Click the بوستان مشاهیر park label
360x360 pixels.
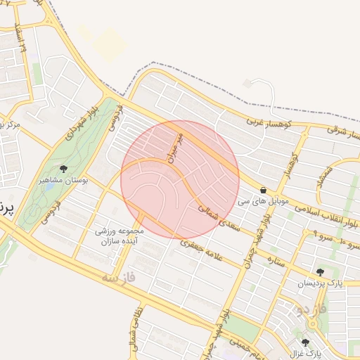(x=64, y=181)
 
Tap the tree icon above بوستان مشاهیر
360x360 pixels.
(x=64, y=169)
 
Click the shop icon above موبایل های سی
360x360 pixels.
(x=263, y=190)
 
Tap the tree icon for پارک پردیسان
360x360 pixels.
(x=320, y=272)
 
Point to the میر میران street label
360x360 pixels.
(x=175, y=146)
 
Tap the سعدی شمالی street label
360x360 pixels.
(x=219, y=219)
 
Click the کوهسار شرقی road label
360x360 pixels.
(x=344, y=131)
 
